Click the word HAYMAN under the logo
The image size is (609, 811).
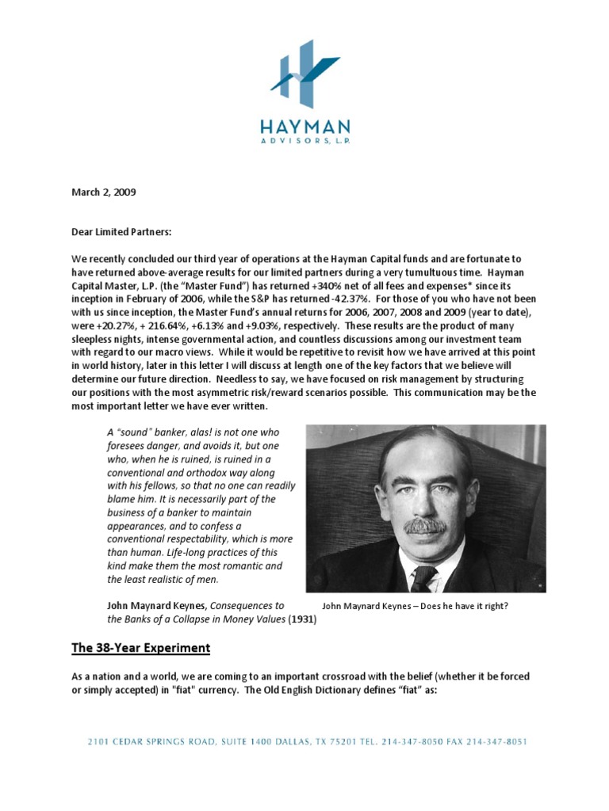click(x=304, y=128)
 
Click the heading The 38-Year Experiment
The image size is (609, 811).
click(x=141, y=648)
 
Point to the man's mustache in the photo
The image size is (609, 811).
click(x=425, y=525)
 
